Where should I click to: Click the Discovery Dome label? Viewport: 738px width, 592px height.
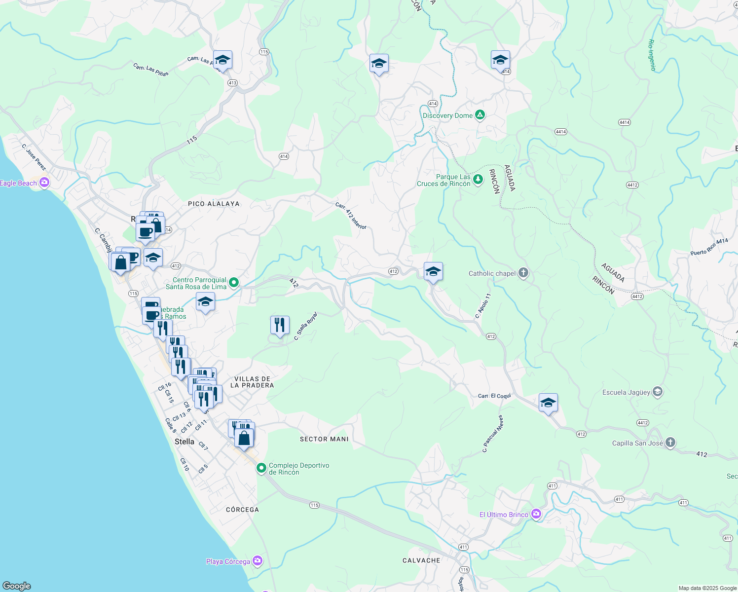447,115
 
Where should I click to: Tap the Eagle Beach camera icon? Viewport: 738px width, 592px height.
44,183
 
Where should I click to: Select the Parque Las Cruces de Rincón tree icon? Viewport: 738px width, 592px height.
478,180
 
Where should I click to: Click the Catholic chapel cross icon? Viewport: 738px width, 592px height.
523,273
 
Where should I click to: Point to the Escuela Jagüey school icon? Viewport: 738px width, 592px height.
657,392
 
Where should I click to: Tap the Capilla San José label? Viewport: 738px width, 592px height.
637,443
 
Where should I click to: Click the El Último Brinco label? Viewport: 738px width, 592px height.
504,515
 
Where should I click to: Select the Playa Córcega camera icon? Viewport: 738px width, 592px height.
257,561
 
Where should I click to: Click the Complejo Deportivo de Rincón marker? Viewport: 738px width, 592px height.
261,468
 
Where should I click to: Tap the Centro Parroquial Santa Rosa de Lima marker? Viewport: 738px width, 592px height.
234,283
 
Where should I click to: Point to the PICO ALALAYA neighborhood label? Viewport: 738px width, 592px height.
214,204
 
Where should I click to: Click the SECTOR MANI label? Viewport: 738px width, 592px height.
324,439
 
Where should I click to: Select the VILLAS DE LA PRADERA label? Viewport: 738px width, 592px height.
252,382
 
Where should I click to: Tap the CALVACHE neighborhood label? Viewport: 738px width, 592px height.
421,560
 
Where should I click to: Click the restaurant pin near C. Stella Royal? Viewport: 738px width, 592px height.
280,326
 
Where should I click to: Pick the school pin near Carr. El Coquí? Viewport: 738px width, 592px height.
548,403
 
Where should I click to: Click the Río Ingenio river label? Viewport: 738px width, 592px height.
652,55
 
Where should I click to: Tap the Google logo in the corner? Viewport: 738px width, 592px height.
17,586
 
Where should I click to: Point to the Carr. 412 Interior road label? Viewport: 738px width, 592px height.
351,216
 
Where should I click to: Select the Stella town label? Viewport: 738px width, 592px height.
184,442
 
